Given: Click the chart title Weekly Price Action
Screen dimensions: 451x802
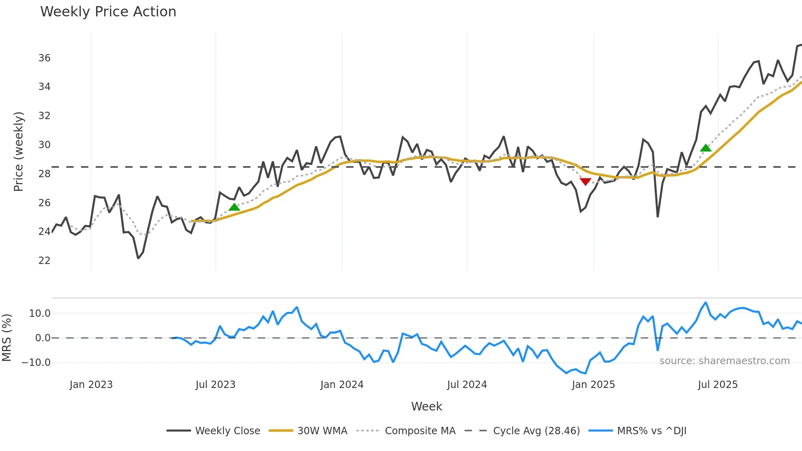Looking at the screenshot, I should [108, 12].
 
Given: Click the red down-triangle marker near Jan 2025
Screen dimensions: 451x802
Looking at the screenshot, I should [586, 182].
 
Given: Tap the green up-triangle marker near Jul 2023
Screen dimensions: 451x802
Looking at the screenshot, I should [234, 207].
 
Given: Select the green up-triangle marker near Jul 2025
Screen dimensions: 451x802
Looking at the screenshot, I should [705, 148].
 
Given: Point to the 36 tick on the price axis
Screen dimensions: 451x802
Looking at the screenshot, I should [44, 58].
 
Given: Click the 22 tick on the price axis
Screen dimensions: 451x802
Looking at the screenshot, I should [44, 261].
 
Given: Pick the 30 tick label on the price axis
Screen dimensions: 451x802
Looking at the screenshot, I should [44, 145].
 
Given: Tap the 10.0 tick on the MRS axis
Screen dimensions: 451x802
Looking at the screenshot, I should [40, 313].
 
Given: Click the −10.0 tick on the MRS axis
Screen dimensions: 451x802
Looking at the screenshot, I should [36, 363].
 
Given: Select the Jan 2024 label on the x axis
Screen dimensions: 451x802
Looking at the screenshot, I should [342, 385].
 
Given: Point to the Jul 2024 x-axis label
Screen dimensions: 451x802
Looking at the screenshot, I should [467, 385].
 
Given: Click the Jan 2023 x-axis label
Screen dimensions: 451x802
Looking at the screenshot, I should [91, 385].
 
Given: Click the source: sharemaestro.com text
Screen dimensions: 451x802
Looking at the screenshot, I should [724, 361].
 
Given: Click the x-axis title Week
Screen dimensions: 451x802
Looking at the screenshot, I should [426, 406].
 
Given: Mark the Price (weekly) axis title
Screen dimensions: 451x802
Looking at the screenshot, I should [19, 151].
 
